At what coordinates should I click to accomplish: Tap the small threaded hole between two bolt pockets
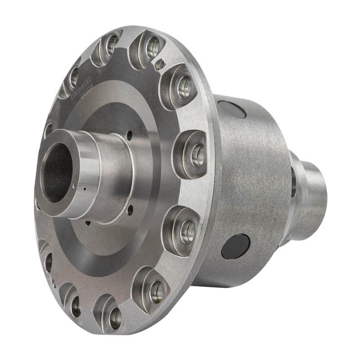(158, 66)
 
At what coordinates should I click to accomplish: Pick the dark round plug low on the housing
(235, 247)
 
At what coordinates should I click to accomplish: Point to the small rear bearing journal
(310, 193)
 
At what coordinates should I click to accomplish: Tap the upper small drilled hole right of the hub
(130, 134)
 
